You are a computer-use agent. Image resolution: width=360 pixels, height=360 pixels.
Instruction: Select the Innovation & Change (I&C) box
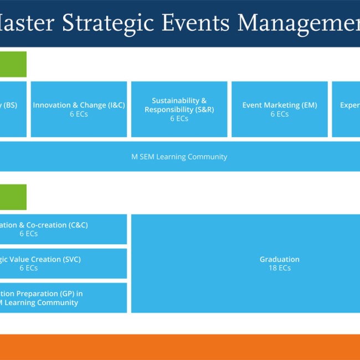pyautogui.click(x=79, y=109)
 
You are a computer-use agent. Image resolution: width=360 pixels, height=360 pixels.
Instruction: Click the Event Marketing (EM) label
pyautogui.click(x=280, y=105)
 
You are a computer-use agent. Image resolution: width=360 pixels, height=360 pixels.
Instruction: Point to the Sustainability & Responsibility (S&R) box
pyautogui.click(x=179, y=109)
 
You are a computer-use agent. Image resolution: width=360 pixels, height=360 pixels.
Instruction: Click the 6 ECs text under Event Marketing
pyautogui.click(x=280, y=114)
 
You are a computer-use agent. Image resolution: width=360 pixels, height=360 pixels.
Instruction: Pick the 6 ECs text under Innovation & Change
pyautogui.click(x=79, y=114)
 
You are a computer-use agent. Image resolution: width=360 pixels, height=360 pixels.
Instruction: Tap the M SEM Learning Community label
pyautogui.click(x=179, y=157)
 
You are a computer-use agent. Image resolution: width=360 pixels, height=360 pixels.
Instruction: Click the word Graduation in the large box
pyautogui.click(x=280, y=259)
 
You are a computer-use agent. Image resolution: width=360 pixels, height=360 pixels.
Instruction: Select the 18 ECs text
pyautogui.click(x=280, y=268)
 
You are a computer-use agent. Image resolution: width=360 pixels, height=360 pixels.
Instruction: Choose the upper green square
pyautogui.click(x=13, y=64)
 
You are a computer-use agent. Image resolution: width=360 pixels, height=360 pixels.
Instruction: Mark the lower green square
pyautogui.click(x=13, y=197)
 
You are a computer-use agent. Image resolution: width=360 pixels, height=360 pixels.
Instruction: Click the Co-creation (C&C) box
pyautogui.click(x=63, y=229)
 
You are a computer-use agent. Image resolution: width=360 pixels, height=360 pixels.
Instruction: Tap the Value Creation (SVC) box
pyautogui.click(x=63, y=264)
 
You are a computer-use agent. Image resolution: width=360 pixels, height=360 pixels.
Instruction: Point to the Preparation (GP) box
pyautogui.click(x=63, y=298)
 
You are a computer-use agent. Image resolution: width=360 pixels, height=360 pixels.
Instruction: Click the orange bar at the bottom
pyautogui.click(x=180, y=347)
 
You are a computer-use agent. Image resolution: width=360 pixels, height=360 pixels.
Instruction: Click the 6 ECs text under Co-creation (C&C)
pyautogui.click(x=29, y=234)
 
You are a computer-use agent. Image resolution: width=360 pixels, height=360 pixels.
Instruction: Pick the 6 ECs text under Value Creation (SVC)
pyautogui.click(x=29, y=268)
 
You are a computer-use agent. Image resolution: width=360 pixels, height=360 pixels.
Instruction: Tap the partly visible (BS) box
pyautogui.click(x=12, y=109)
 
